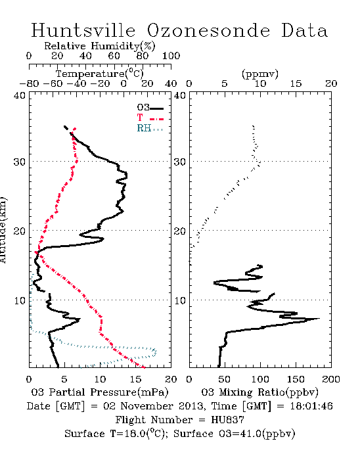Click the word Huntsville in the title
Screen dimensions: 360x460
click(83, 30)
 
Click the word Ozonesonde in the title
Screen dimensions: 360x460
click(208, 30)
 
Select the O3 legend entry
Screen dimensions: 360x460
click(150, 108)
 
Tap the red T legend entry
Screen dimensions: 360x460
click(150, 118)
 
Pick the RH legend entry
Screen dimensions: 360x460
click(150, 128)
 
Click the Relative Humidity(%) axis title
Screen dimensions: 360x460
click(100, 46)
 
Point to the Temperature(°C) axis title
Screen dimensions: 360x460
click(99, 74)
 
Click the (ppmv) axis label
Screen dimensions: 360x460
click(260, 74)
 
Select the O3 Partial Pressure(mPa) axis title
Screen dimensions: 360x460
click(100, 392)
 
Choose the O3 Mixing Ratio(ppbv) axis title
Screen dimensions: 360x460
click(259, 392)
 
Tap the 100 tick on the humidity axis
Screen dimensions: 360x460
click(171, 56)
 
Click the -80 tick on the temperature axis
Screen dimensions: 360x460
click(29, 83)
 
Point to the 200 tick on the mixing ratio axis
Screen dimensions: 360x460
click(331, 379)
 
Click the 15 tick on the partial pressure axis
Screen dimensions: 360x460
click(135, 379)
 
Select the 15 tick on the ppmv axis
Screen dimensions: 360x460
click(296, 83)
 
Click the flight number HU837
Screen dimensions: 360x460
click(227, 420)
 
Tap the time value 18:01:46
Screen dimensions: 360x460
click(311, 406)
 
